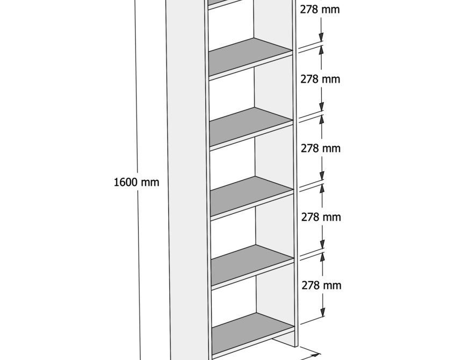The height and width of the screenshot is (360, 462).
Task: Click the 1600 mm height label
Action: pos(136,182)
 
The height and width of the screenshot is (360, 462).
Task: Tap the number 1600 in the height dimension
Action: pos(126,182)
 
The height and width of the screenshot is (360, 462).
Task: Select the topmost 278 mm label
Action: pos(320,10)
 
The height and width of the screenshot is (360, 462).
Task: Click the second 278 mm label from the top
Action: pos(320,79)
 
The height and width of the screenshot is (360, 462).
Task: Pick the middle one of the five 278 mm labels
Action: pos(321,148)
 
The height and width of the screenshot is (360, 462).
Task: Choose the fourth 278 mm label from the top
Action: pos(321,217)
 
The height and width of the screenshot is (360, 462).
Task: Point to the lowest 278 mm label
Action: pos(321,285)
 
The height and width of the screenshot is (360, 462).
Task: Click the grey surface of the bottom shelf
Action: pos(253,334)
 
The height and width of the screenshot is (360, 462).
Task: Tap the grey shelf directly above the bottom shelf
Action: pos(252,265)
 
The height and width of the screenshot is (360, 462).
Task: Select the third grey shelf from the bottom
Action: pos(251,197)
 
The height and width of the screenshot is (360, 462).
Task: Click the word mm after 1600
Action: pos(150,183)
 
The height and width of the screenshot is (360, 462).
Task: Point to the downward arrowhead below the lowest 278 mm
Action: pos(323,312)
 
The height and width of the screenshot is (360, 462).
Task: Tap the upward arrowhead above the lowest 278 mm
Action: pos(323,257)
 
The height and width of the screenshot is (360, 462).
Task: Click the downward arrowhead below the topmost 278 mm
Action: pos(321,37)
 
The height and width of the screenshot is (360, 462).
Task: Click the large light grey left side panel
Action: pos(186,179)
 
